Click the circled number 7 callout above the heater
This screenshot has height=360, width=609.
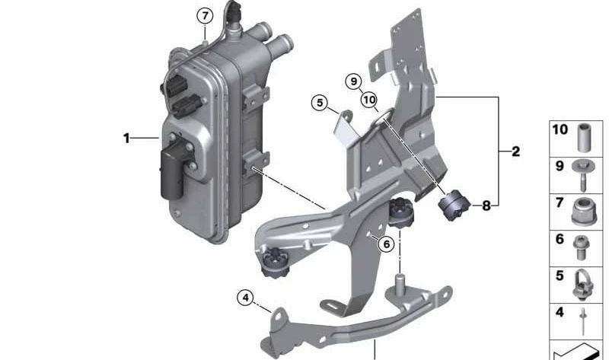click(x=203, y=14)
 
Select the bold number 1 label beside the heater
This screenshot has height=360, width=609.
click(x=126, y=138)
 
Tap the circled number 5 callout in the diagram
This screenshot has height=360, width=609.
click(x=320, y=101)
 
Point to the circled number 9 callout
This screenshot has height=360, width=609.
click(x=352, y=81)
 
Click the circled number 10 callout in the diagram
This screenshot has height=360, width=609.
click(x=370, y=99)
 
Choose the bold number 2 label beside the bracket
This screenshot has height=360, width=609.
click(x=515, y=151)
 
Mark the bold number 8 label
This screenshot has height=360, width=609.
click(x=486, y=205)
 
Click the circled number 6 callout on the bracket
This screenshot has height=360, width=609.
click(x=386, y=244)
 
